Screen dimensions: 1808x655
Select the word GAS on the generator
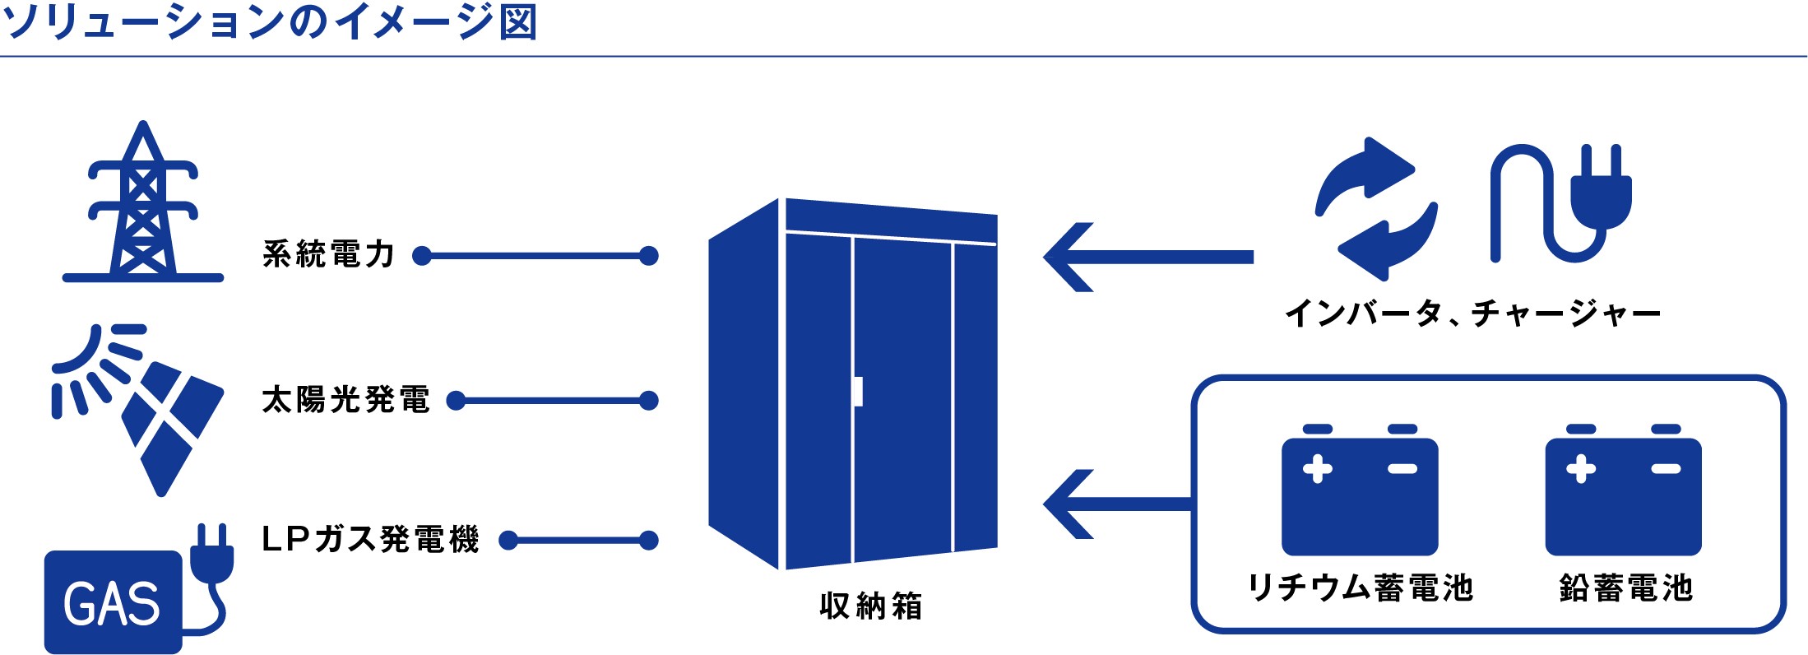(112, 604)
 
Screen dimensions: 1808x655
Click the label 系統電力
(329, 255)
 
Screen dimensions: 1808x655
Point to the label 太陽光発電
(345, 400)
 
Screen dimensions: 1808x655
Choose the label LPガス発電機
(370, 540)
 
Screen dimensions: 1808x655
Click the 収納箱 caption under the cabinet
(871, 606)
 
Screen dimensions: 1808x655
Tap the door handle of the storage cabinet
(858, 392)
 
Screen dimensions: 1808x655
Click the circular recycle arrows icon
(1376, 209)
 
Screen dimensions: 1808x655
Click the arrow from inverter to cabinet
(1148, 258)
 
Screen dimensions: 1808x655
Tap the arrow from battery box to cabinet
(1118, 504)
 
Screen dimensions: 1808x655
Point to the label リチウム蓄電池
(1361, 588)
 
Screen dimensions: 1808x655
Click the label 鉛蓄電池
(1626, 588)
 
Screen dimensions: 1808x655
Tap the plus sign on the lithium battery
(1318, 469)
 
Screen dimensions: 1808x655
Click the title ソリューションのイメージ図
(270, 22)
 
